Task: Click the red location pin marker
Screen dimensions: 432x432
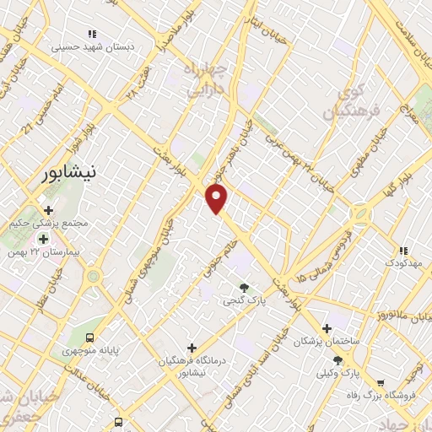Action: click(217, 199)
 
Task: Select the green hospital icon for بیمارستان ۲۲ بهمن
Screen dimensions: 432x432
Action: click(43, 240)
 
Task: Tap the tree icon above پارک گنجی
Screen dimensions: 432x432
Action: click(245, 288)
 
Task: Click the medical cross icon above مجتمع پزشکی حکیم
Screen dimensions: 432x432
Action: click(48, 210)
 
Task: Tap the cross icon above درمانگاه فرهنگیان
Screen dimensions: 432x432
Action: click(192, 348)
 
